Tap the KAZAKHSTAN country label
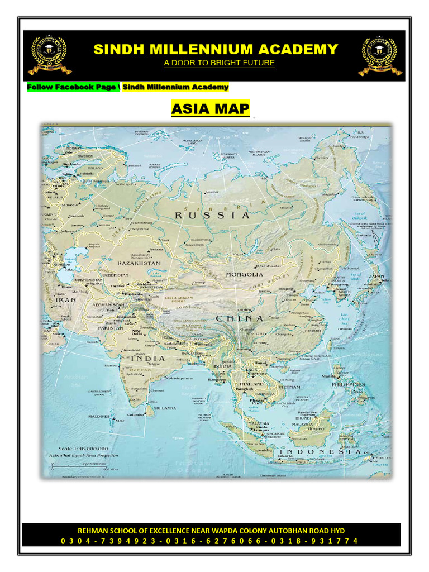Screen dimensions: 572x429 (138, 263)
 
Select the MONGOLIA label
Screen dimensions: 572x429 (244, 274)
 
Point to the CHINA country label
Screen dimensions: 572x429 (240, 318)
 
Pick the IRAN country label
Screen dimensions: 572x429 (66, 300)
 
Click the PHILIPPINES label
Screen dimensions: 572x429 (348, 384)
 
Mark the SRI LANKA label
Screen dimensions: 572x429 (165, 408)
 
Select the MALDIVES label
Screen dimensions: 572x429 (98, 417)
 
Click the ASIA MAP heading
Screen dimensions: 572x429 (210, 108)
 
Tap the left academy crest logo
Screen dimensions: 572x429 (50, 55)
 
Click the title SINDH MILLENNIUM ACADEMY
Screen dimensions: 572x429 (215, 49)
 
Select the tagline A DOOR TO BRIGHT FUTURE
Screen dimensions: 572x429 (219, 63)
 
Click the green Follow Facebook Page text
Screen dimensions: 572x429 (71, 87)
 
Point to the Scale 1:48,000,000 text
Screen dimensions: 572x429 (88, 449)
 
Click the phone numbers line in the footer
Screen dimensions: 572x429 (211, 540)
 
